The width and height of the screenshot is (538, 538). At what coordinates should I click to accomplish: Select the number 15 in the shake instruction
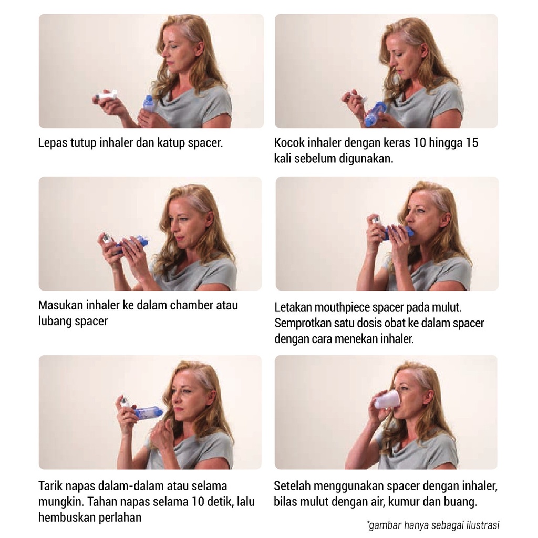click(x=471, y=143)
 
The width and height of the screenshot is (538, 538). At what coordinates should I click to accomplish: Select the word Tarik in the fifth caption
click(x=50, y=486)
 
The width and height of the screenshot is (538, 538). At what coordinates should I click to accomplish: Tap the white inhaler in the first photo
click(x=107, y=96)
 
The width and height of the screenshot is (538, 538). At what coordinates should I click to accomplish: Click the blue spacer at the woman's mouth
click(x=399, y=232)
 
